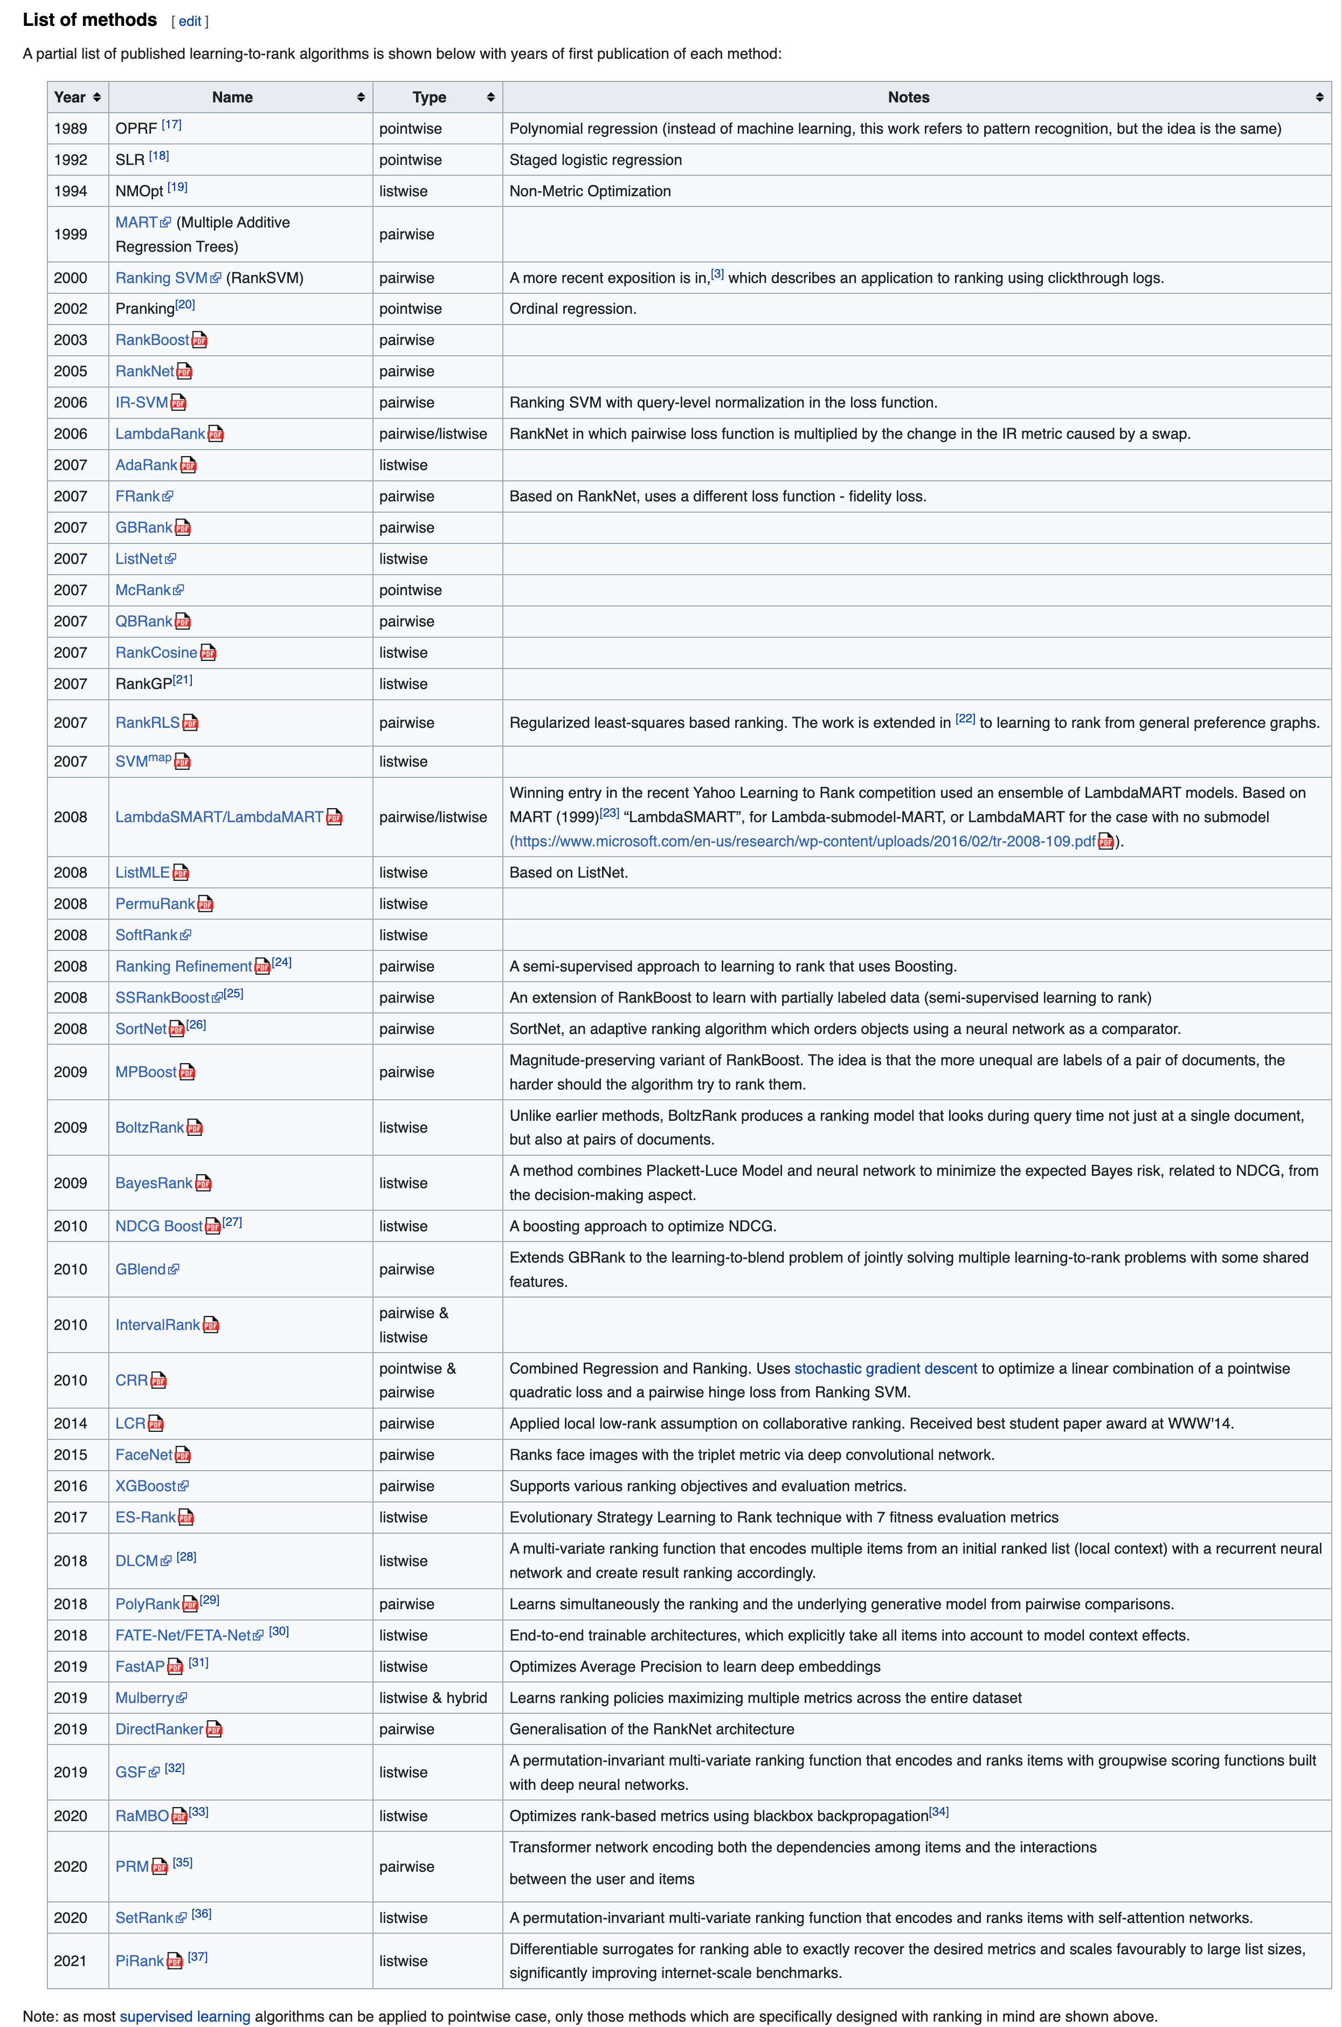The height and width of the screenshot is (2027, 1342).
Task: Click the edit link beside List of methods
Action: pos(189,22)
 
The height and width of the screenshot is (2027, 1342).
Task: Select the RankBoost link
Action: pos(153,340)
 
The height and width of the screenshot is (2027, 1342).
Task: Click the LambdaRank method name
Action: pos(160,434)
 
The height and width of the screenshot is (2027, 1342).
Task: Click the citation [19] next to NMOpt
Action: pos(177,188)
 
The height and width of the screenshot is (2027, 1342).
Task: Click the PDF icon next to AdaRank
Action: pos(188,466)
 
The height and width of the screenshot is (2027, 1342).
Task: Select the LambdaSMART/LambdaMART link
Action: pos(219,817)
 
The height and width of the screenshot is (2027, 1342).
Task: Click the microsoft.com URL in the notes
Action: pos(803,842)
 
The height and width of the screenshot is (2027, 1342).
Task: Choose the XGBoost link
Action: pos(146,1486)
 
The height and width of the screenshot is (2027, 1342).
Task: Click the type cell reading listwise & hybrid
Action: pos(433,1698)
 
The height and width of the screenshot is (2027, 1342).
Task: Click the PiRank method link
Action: pos(140,1961)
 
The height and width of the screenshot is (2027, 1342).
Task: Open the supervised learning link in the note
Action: pos(185,2017)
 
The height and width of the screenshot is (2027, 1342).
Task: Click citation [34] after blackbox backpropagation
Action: pos(939,1812)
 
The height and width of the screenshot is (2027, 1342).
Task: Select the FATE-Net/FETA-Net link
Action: pos(183,1636)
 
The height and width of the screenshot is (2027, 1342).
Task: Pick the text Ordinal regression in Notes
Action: pos(572,309)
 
